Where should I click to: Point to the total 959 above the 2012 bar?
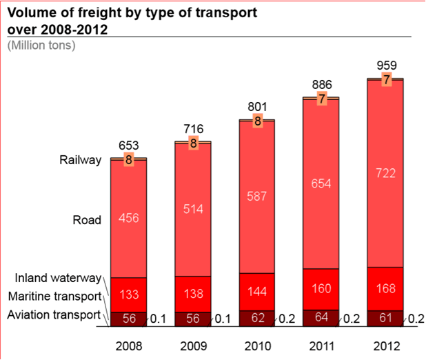click(x=387, y=66)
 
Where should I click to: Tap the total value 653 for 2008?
click(x=129, y=146)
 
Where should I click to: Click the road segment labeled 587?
click(x=257, y=197)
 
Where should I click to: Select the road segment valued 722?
click(x=385, y=173)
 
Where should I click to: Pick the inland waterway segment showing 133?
click(x=129, y=294)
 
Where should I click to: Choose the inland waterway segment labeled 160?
click(x=321, y=289)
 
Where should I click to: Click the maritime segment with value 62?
click(x=257, y=319)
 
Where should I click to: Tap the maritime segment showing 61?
click(x=385, y=319)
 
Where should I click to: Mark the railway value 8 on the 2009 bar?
click(x=193, y=144)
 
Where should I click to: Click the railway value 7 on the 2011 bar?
click(x=321, y=99)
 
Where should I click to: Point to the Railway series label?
click(x=81, y=160)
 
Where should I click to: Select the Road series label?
click(x=87, y=221)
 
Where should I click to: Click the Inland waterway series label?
click(x=58, y=279)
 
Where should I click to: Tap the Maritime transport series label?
click(x=54, y=297)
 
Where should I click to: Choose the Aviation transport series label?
click(x=54, y=315)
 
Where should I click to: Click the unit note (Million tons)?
click(x=41, y=46)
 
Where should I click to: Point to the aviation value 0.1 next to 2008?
click(x=159, y=319)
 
